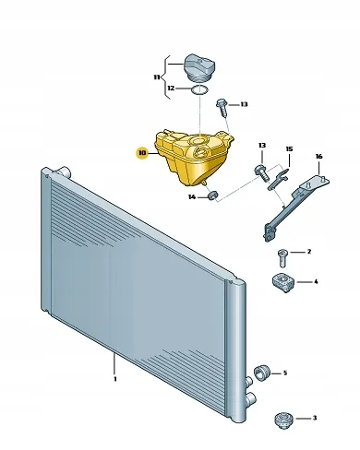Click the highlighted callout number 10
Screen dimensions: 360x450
pyautogui.click(x=142, y=153)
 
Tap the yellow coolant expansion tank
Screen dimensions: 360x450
pyautogui.click(x=193, y=158)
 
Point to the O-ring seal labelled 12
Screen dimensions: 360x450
pyautogui.click(x=199, y=90)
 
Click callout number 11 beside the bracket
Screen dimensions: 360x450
pyautogui.click(x=157, y=77)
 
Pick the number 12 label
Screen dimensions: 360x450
pyautogui.click(x=171, y=89)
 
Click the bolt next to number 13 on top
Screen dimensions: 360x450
pyautogui.click(x=222, y=107)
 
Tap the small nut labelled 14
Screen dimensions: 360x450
pyautogui.click(x=212, y=195)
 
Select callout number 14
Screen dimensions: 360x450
pyautogui.click(x=192, y=196)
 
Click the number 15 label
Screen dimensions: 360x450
pyautogui.click(x=289, y=149)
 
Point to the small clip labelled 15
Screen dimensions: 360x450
pyautogui.click(x=278, y=180)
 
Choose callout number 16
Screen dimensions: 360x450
pyautogui.click(x=319, y=157)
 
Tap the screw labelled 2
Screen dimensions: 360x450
pyautogui.click(x=282, y=258)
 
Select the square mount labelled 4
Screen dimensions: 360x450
pyautogui.click(x=283, y=282)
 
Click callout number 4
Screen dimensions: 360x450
pyautogui.click(x=316, y=281)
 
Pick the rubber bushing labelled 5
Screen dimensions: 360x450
pyautogui.click(x=262, y=372)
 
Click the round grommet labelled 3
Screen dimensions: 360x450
pyautogui.click(x=283, y=420)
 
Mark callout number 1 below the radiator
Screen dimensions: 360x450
pyautogui.click(x=115, y=379)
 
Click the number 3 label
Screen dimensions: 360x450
pyautogui.click(x=315, y=418)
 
